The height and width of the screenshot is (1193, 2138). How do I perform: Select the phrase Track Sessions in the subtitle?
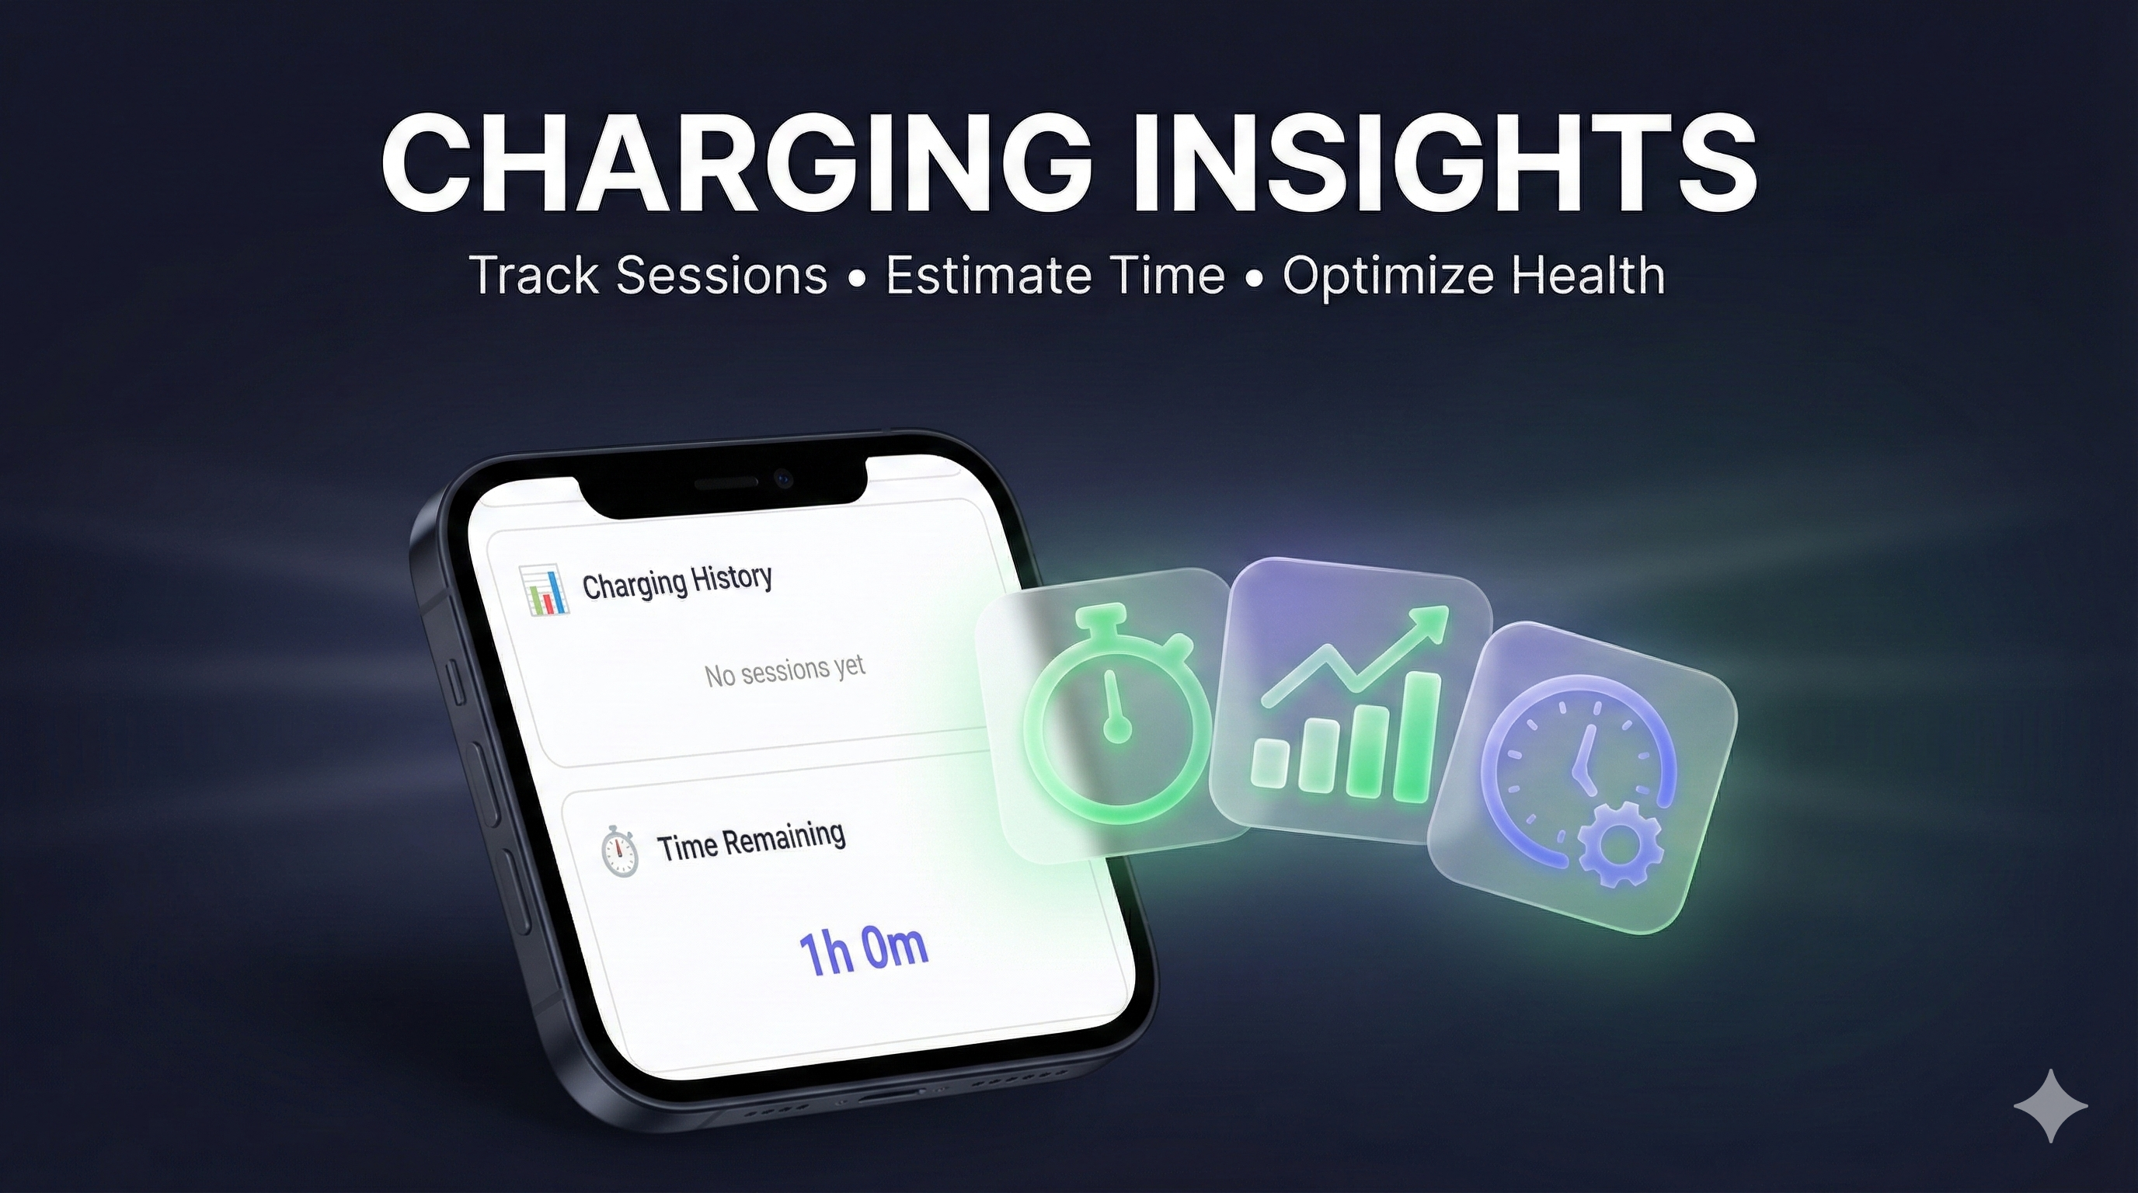point(648,275)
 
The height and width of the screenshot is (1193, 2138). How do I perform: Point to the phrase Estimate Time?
point(1055,275)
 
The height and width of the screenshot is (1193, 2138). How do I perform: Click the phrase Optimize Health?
point(1473,275)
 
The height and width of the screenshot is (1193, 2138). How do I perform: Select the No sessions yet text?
point(785,670)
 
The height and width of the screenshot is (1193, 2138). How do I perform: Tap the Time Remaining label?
point(751,841)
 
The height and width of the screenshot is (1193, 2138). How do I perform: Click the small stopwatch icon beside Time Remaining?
point(619,850)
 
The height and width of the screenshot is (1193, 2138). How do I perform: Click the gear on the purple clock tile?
point(1619,845)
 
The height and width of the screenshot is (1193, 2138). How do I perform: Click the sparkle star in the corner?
point(2050,1106)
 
